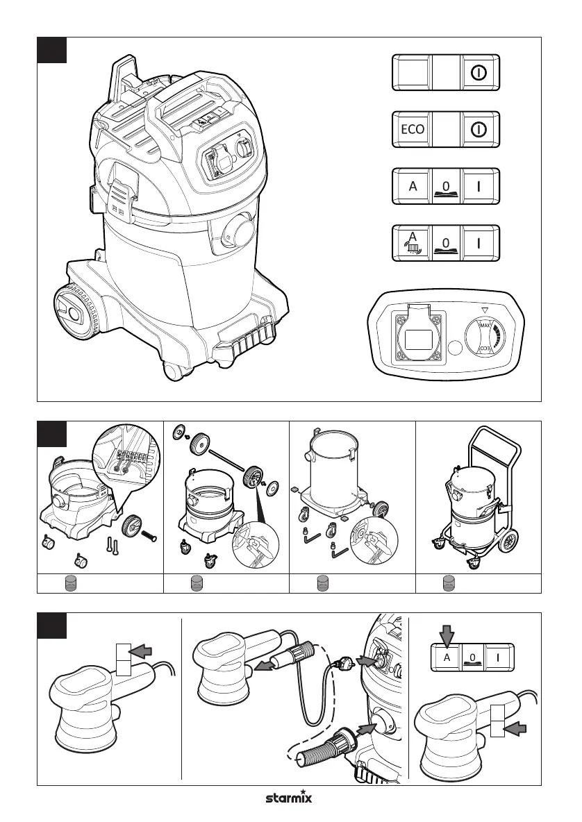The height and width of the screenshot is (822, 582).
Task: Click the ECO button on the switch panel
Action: click(412, 129)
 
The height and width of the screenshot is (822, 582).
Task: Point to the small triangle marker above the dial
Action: click(485, 310)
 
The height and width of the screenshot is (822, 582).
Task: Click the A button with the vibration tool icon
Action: click(412, 243)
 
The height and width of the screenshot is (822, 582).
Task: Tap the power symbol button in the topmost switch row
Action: click(479, 72)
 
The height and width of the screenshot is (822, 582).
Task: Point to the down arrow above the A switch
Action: click(446, 635)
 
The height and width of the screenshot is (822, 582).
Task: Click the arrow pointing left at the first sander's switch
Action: click(140, 651)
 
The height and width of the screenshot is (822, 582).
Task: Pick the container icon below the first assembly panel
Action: click(69, 583)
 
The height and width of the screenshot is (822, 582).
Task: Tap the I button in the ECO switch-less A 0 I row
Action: click(479, 186)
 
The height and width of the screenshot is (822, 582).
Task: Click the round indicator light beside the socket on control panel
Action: click(456, 347)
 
